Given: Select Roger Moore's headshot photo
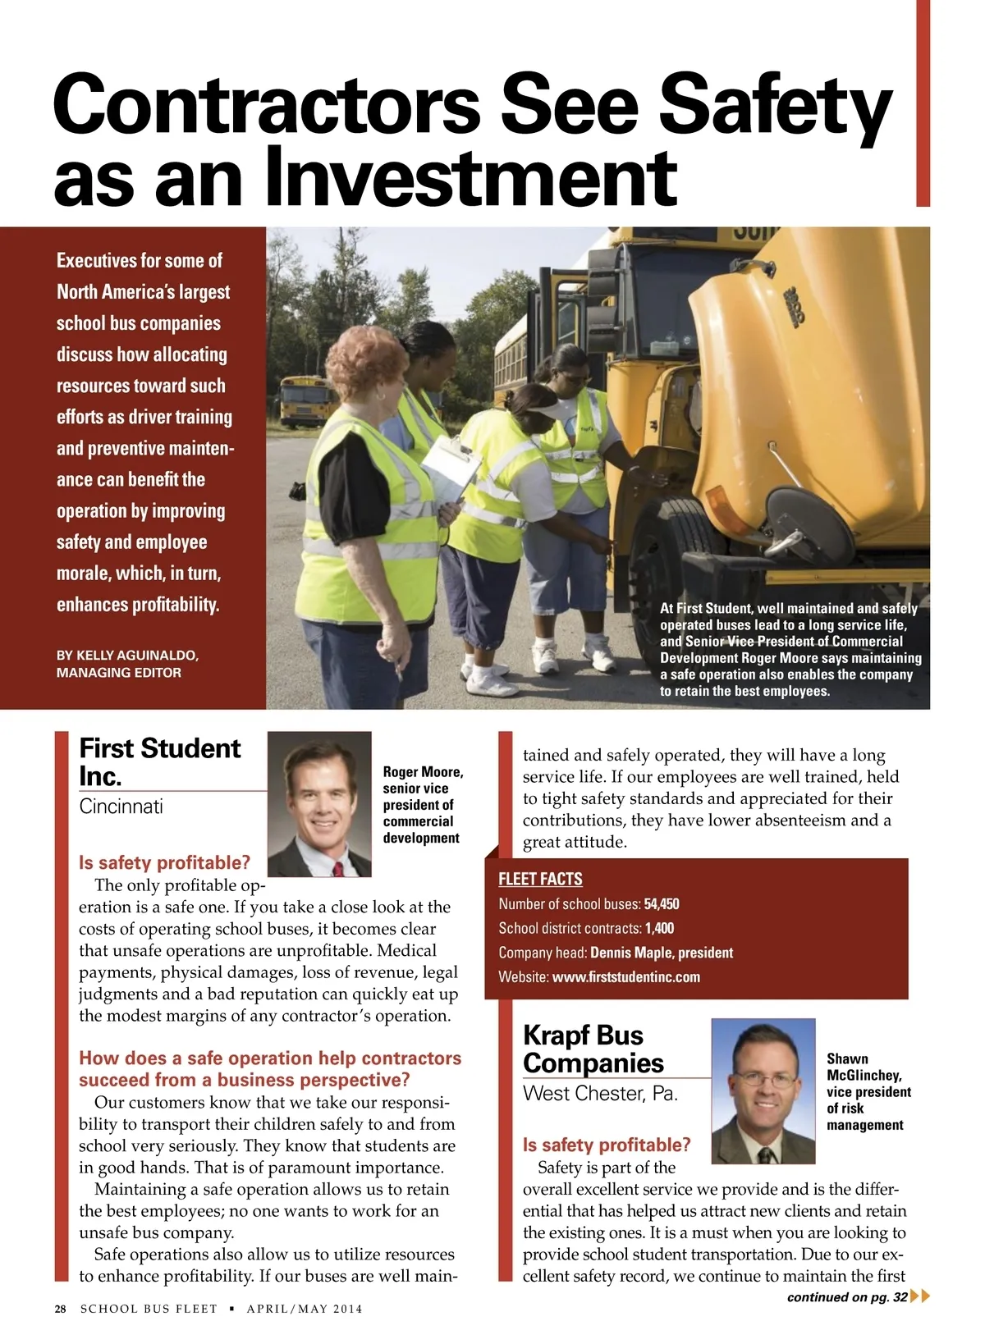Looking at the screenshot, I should point(319,804).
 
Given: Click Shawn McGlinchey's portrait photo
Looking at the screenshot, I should point(763,1090).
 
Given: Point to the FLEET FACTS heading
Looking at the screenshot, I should point(540,879).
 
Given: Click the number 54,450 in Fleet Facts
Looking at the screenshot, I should point(662,904).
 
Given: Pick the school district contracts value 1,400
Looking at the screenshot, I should point(659,928).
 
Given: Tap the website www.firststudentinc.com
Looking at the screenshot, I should point(625,976).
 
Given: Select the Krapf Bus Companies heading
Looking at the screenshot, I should point(593,1049).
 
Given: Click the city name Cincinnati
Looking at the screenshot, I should point(121,807).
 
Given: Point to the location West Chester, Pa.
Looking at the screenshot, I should point(600,1094).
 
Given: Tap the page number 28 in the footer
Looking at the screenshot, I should point(61,1309).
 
